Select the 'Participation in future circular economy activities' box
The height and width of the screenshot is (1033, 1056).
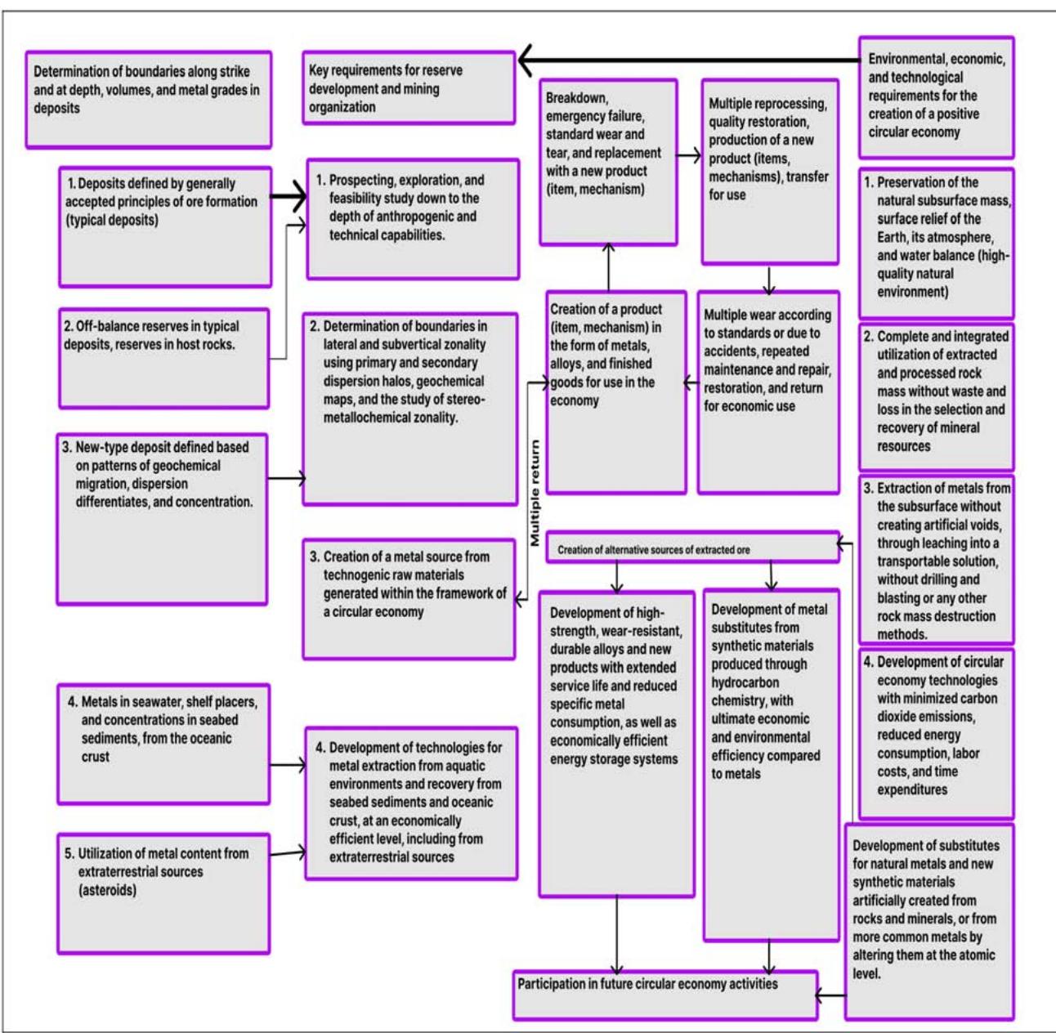pyautogui.click(x=664, y=994)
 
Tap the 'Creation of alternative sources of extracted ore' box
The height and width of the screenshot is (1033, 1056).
pyautogui.click(x=691, y=548)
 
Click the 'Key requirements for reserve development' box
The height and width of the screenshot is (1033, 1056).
pyautogui.click(x=409, y=88)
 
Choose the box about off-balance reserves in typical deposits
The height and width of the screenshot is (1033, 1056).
pyautogui.click(x=163, y=357)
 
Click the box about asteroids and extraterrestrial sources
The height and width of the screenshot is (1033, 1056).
pyautogui.click(x=163, y=892)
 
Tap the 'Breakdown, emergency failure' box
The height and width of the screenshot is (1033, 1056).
pyautogui.click(x=608, y=161)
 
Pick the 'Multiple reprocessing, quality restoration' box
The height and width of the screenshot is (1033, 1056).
pyautogui.click(x=769, y=171)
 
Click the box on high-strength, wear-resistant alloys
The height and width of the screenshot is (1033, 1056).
pyautogui.click(x=616, y=743)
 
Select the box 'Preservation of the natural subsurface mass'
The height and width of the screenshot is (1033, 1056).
pyautogui.click(x=936, y=243)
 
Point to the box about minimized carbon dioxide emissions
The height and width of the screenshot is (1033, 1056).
pyautogui.click(x=936, y=733)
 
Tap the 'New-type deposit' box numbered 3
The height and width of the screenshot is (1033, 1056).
pyautogui.click(x=163, y=518)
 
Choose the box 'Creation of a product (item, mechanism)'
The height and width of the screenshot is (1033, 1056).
pyautogui.click(x=615, y=391)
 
